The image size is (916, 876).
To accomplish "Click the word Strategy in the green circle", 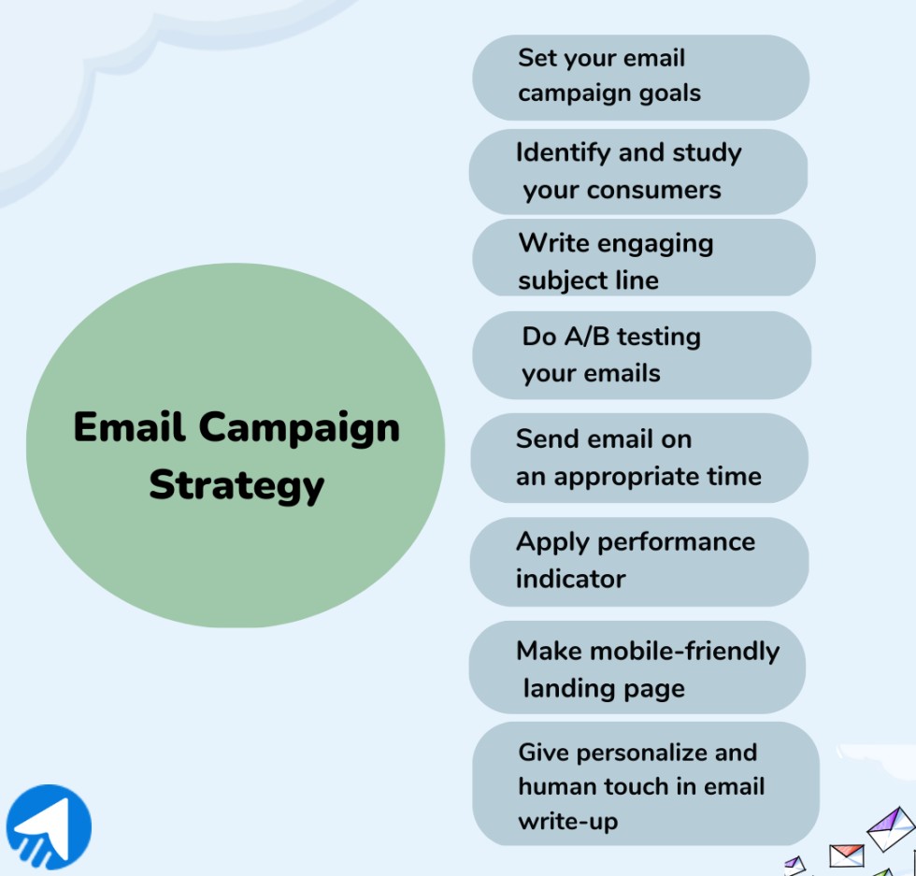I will tap(236, 485).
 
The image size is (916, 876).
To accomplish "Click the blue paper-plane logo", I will tap(50, 827).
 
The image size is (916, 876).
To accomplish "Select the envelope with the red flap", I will tap(846, 855).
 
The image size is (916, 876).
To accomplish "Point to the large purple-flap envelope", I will tap(890, 828).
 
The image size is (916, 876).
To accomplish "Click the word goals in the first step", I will tap(666, 93).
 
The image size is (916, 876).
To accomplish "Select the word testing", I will tap(658, 337).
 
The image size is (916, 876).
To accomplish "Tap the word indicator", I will tap(570, 579).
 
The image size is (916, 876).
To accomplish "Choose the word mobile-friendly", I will tap(680, 651).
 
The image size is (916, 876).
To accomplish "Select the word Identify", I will tap(562, 152).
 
